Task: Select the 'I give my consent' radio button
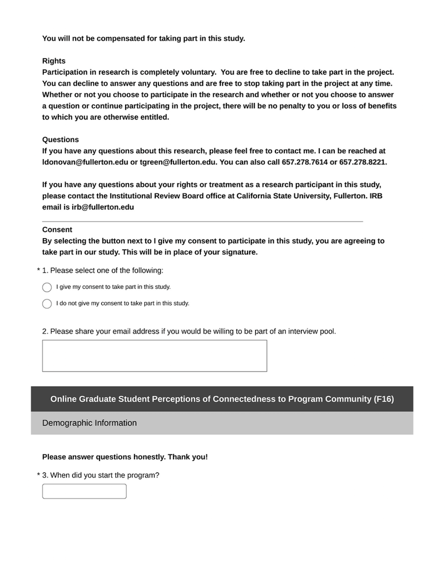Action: pos(47,287)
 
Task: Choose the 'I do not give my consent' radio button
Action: pos(47,304)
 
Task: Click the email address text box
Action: pos(155,356)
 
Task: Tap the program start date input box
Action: pos(85,491)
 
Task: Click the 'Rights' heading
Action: pos(54,61)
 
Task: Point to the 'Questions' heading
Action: pos(61,140)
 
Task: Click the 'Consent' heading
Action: pos(57,230)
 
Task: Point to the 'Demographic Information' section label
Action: pos(90,423)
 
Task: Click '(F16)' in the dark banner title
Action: pos(384,399)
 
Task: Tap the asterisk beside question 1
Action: pos(39,270)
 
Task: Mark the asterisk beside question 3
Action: pos(39,475)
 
